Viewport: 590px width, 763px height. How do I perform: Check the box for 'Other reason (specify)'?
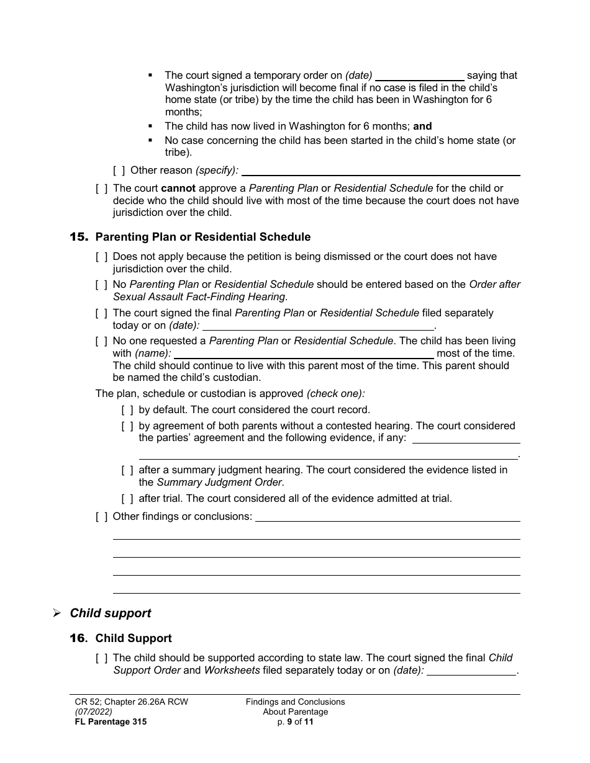pos(118,170)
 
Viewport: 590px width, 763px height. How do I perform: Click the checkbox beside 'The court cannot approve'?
pos(101,189)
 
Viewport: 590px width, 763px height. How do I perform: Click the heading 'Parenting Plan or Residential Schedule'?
pos(202,237)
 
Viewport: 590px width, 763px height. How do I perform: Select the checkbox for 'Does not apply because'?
pos(101,257)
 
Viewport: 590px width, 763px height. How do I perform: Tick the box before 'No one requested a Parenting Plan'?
pos(101,341)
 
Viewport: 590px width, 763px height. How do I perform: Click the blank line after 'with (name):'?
pos(304,354)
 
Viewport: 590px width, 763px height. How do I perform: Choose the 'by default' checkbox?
pos(127,410)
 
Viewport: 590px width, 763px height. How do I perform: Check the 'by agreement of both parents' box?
pos(127,426)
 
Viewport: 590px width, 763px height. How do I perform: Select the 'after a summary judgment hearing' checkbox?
pos(127,470)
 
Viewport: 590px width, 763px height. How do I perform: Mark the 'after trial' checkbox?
pos(127,499)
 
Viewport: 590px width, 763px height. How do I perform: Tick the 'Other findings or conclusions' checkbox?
pos(101,517)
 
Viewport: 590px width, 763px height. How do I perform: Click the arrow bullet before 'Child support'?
pos(57,614)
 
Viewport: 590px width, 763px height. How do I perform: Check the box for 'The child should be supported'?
pos(101,658)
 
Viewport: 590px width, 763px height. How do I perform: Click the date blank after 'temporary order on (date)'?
pos(420,76)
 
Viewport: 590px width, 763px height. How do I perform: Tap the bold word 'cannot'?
pos(178,189)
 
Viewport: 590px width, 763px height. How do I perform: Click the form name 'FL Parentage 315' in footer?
pos(111,722)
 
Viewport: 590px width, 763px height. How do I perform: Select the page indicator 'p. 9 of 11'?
pos(295,722)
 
